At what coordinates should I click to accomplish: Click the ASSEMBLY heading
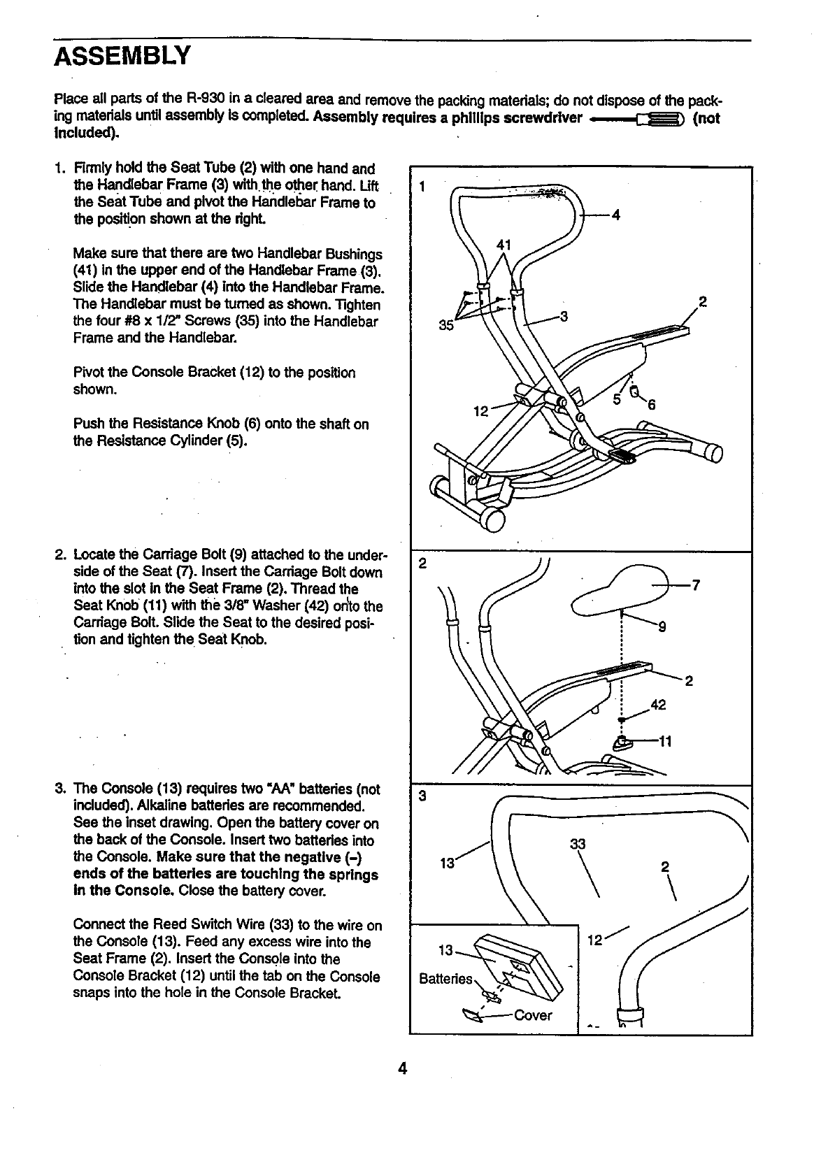point(122,55)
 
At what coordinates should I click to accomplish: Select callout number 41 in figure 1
point(504,244)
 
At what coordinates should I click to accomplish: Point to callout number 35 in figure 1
point(445,325)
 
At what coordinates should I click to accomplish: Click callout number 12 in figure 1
point(480,411)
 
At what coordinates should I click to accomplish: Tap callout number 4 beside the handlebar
point(616,215)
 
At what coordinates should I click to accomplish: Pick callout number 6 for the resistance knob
point(650,403)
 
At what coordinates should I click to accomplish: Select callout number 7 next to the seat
point(695,586)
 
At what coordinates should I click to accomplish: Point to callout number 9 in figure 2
point(662,626)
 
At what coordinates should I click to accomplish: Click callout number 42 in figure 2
point(658,705)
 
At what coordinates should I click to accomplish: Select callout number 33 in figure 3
point(578,844)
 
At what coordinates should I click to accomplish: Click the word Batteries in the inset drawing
point(445,979)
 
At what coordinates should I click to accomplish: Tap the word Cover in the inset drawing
point(533,1015)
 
